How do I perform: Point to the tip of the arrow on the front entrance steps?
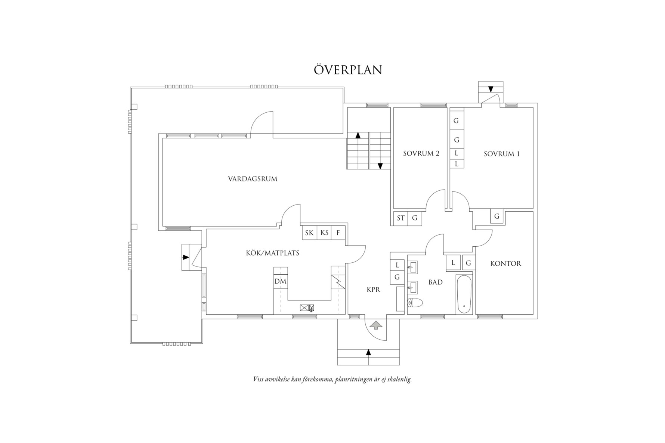pyautogui.click(x=369, y=349)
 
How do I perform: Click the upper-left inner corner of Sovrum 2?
pyautogui.click(x=394, y=108)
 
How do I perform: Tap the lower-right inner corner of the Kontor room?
pyautogui.click(x=533, y=314)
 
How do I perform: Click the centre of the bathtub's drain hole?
pyautogui.click(x=464, y=306)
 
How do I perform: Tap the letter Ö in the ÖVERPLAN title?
pyautogui.click(x=319, y=69)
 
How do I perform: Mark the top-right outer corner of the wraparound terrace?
pyautogui.click(x=344, y=87)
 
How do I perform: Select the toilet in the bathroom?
pyautogui.click(x=415, y=303)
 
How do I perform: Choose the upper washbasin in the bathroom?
pyautogui.click(x=412, y=267)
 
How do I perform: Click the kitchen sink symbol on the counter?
pyautogui.click(x=307, y=308)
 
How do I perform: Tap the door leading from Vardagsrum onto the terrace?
pyautogui.click(x=262, y=123)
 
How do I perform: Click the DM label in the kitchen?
pyautogui.click(x=280, y=281)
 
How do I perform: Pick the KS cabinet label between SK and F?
pyautogui.click(x=324, y=233)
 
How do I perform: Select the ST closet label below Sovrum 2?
pyautogui.click(x=401, y=218)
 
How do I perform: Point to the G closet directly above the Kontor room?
pyautogui.click(x=497, y=216)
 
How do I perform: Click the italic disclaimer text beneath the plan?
pyautogui.click(x=332, y=380)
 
